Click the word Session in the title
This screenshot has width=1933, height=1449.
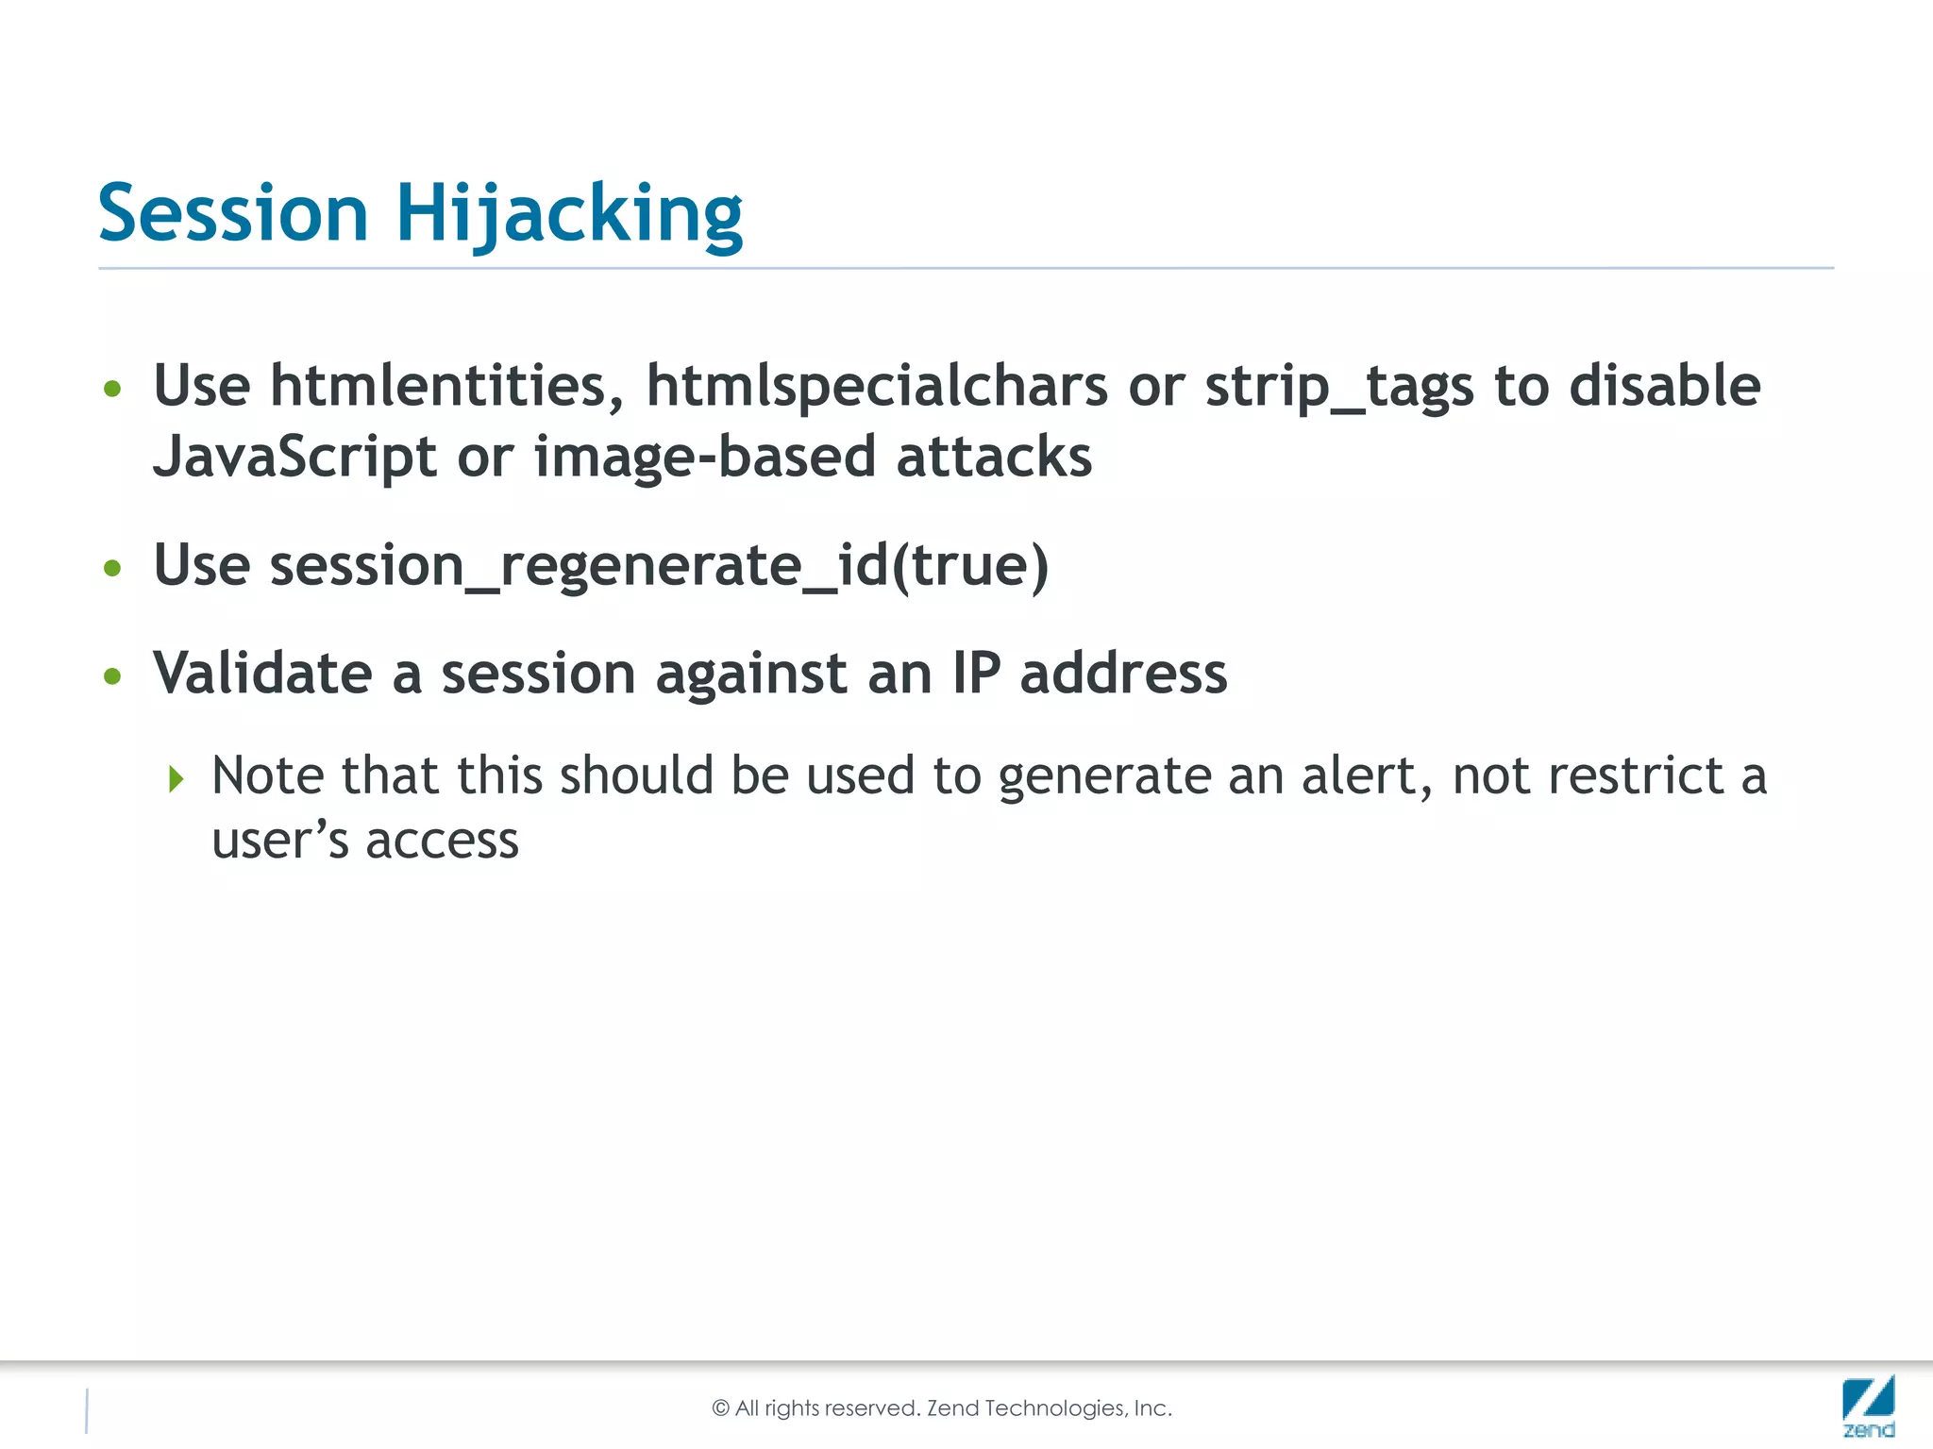pyautogui.click(x=232, y=213)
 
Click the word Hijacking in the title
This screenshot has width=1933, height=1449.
pyautogui.click(x=569, y=215)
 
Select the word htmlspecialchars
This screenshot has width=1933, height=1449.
pyautogui.click(x=877, y=386)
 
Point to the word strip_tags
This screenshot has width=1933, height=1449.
pyautogui.click(x=1339, y=388)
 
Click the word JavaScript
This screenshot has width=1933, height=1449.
pyautogui.click(x=294, y=458)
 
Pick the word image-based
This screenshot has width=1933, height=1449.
pyautogui.click(x=705, y=458)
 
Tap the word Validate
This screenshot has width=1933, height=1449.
pyautogui.click(x=262, y=674)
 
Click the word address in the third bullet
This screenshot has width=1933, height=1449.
pyautogui.click(x=1123, y=674)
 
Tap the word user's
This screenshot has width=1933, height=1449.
pyautogui.click(x=279, y=841)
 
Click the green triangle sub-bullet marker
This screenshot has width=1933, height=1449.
pyautogui.click(x=176, y=779)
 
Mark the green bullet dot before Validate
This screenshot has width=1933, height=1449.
pyautogui.click(x=113, y=675)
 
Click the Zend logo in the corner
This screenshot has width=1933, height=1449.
pyautogui.click(x=1868, y=1406)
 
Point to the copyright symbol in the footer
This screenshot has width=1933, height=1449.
pyautogui.click(x=721, y=1408)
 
